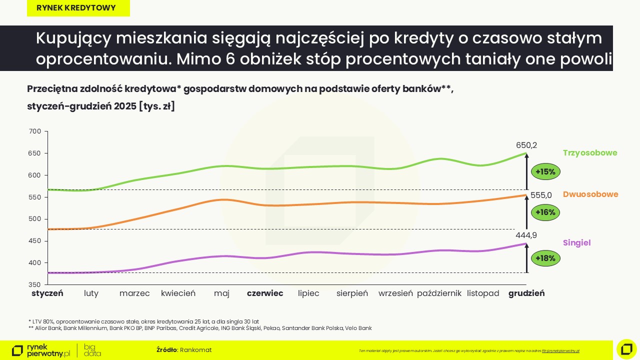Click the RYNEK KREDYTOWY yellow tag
[76, 8]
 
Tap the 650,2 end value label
[526, 145]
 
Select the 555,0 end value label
[541, 195]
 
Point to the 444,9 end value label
[526, 235]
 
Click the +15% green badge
[545, 172]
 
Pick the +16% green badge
[545, 212]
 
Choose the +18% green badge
[545, 258]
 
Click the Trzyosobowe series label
[590, 152]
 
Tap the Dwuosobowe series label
[590, 194]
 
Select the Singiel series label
[577, 242]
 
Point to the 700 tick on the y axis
[35, 131]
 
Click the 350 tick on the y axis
[35, 285]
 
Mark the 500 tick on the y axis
[35, 219]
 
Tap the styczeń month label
[47, 293]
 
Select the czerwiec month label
[265, 293]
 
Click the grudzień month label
[526, 293]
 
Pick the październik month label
[439, 293]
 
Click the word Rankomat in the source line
[196, 350]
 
